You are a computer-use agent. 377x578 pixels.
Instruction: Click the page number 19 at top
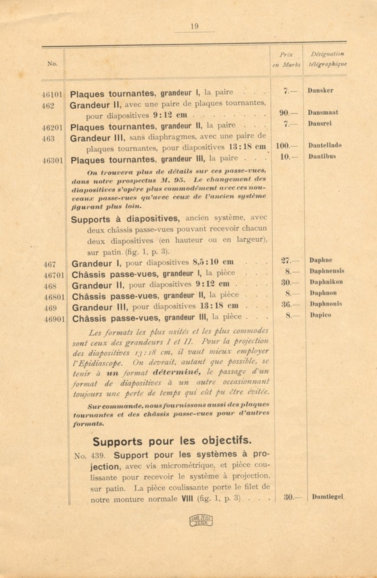point(194,26)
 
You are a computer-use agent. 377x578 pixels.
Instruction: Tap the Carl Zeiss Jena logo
point(201,520)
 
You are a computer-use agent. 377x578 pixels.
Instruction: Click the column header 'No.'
point(52,64)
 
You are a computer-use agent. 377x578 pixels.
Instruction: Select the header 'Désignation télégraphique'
point(327,59)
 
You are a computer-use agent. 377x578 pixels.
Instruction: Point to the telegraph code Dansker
point(320,90)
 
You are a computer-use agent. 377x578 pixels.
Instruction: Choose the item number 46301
point(52,160)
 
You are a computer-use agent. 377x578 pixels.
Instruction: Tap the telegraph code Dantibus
point(322,156)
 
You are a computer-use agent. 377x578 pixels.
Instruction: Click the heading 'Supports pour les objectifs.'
point(172,441)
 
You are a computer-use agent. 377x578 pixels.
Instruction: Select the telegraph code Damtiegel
point(327,497)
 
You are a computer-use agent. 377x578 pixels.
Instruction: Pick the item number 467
point(50,264)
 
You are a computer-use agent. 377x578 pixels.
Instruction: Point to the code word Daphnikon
point(326,282)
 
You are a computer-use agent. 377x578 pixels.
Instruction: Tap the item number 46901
point(54,319)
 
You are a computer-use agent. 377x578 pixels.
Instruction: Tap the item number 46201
point(52,128)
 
